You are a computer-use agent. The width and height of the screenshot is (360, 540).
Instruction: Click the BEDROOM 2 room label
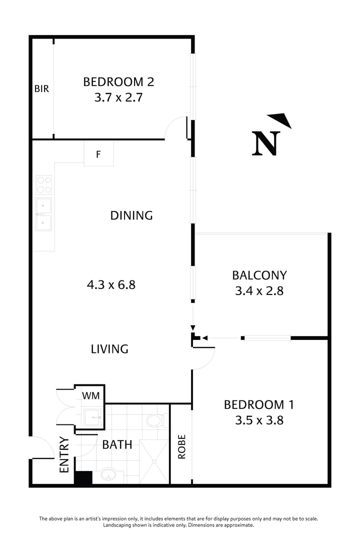(x=118, y=81)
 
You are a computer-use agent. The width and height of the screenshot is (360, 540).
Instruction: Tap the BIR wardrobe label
(x=41, y=89)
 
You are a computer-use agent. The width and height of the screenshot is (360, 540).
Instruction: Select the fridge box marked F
(x=98, y=154)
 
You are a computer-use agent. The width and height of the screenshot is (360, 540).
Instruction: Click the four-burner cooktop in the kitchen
(x=44, y=184)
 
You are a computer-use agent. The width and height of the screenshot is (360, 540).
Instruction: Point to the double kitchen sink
(x=44, y=213)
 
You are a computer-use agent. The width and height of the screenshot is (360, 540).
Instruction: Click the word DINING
(x=131, y=215)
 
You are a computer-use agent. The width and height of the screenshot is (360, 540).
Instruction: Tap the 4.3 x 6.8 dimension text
(x=111, y=285)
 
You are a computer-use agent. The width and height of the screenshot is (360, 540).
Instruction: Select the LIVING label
(x=109, y=348)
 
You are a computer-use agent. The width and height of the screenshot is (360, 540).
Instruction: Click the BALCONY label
(x=259, y=275)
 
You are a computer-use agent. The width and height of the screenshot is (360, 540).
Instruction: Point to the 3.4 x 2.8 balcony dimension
(x=259, y=290)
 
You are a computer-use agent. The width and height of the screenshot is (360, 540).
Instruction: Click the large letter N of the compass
(x=265, y=144)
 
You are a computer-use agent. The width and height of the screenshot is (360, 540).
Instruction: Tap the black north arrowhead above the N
(x=281, y=120)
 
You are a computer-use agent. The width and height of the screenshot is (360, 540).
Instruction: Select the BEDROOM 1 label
(x=259, y=404)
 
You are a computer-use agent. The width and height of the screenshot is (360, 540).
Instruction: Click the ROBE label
(x=181, y=447)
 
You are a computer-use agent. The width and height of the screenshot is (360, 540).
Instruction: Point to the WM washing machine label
(x=90, y=396)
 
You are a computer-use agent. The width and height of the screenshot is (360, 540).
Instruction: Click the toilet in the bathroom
(x=155, y=420)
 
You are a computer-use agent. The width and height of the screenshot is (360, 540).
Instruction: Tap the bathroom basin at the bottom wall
(x=107, y=473)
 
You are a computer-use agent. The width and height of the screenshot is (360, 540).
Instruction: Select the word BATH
(x=117, y=444)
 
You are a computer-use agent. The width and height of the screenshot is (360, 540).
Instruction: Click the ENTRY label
(x=64, y=455)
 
